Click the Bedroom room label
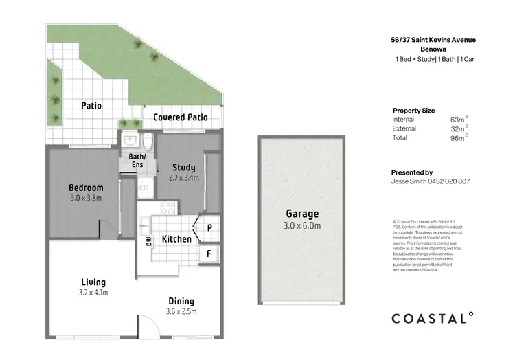coord(86,188)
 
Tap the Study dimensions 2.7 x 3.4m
coord(183,178)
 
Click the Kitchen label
coord(176,239)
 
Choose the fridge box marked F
coord(209,253)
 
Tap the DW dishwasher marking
coord(148,241)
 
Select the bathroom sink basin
coord(130,142)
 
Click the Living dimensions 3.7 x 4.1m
coord(93,293)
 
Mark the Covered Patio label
coord(180,117)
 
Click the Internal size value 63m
coord(458,120)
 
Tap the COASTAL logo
coord(432,317)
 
